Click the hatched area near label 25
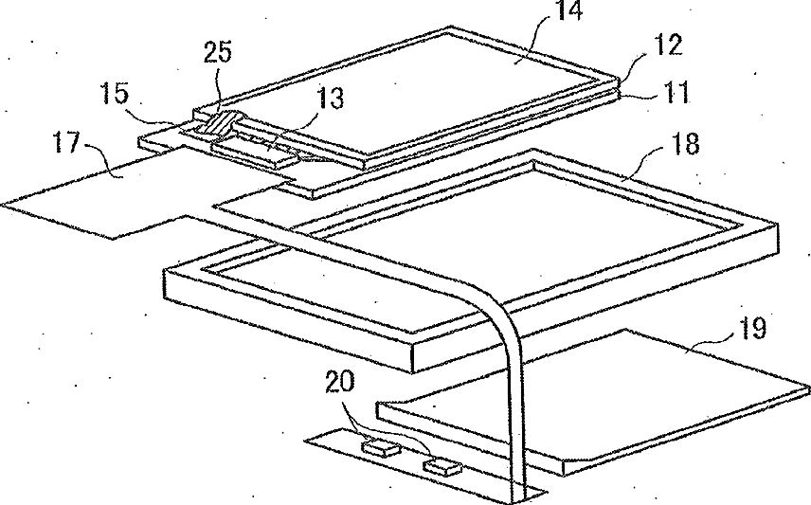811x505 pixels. (x=226, y=122)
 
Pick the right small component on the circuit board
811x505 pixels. (x=442, y=465)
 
